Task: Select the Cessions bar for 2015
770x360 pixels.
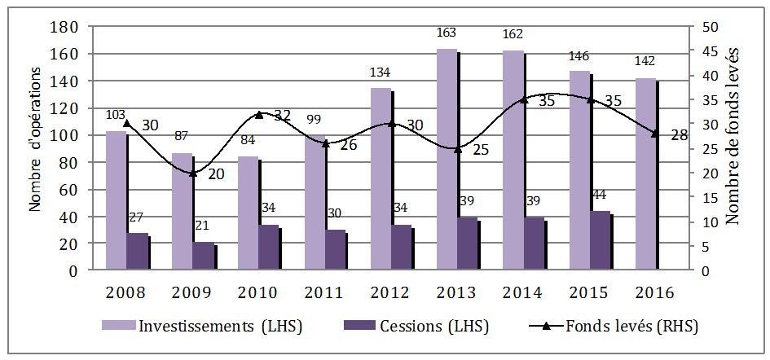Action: (600, 240)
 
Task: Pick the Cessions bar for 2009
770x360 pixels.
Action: (203, 256)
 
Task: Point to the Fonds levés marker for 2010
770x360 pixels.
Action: (260, 115)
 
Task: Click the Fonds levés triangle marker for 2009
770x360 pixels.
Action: (193, 173)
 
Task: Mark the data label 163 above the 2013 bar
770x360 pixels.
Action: (447, 33)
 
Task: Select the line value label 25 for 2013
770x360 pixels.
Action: (480, 150)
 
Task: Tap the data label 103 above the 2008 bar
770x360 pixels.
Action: (117, 115)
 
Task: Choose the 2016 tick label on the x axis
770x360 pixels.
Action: (655, 292)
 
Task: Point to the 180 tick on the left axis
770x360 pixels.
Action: (65, 27)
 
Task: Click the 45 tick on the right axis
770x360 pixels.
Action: (710, 51)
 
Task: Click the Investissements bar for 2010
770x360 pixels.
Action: (249, 213)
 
